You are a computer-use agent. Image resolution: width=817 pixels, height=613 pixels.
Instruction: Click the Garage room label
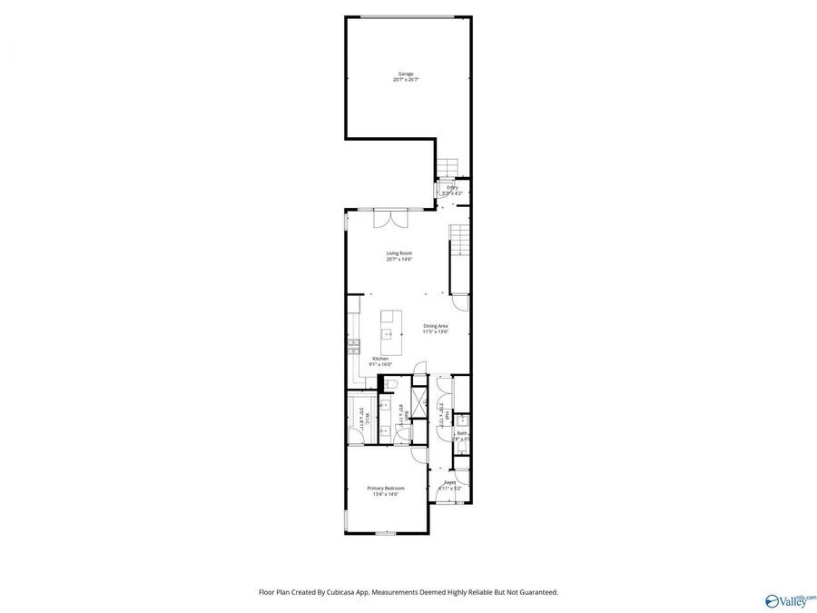click(x=406, y=74)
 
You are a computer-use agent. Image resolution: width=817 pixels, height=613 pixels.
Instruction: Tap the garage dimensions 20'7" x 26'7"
click(x=406, y=80)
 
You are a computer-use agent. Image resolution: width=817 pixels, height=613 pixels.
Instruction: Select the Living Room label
click(x=399, y=253)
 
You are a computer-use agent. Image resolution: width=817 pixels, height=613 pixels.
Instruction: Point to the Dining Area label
click(x=436, y=326)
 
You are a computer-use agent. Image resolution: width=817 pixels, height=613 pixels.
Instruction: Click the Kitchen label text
click(x=380, y=359)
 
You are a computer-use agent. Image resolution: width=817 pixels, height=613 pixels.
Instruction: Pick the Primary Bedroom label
click(x=386, y=488)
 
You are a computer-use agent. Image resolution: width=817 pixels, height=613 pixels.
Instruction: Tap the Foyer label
click(x=450, y=483)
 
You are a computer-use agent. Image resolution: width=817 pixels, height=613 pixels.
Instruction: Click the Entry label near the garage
click(x=452, y=187)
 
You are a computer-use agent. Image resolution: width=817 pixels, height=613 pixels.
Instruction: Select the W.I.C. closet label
click(x=368, y=418)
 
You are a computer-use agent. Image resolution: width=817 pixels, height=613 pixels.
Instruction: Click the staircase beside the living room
click(x=461, y=243)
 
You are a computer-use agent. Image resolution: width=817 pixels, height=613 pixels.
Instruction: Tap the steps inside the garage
click(x=447, y=167)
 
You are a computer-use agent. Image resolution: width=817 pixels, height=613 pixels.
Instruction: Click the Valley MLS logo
click(x=791, y=600)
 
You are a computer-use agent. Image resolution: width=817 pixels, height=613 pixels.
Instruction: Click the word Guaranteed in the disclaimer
click(x=536, y=592)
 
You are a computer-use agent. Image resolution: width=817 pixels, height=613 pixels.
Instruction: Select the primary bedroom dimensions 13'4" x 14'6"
click(x=386, y=494)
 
